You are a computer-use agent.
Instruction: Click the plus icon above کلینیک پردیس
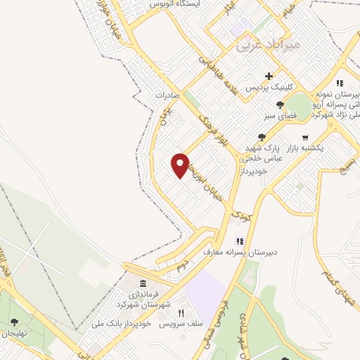pos(269,76)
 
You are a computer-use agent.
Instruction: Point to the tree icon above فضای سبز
pos(279,105)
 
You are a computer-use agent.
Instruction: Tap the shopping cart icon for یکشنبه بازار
pos(304,137)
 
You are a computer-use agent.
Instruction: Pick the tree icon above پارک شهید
pos(262,137)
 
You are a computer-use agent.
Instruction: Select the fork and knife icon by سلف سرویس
pos(181,313)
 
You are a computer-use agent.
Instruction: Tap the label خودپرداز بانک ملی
pos(118,324)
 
